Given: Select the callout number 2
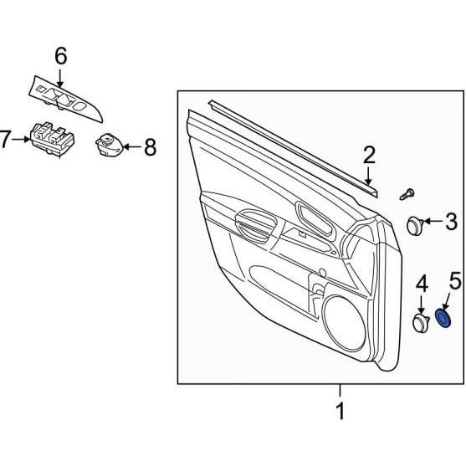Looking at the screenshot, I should point(369,154).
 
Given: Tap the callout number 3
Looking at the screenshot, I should point(451,222).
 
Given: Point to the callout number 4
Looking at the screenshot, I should point(422,284).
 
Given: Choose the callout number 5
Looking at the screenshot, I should point(454,282).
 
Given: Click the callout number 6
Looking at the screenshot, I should point(61,56).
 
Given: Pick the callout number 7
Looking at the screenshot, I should point(6,139).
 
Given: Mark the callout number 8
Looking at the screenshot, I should point(150,148).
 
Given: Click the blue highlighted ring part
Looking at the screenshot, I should point(446,319).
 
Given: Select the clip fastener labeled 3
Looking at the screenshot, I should point(416,223).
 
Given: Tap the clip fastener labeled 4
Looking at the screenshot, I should point(421,322).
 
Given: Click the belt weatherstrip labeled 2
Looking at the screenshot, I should point(293,146).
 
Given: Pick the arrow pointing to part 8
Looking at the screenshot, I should point(129,147).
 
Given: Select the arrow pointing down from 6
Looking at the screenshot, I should point(61,77).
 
